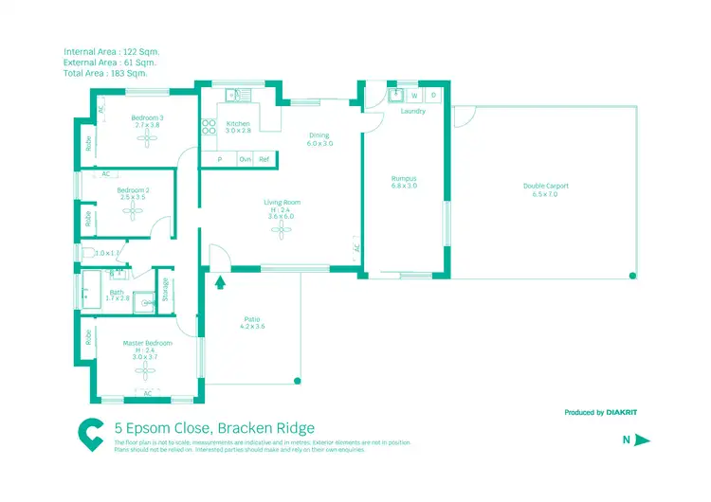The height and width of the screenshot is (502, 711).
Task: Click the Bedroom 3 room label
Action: coord(147,117)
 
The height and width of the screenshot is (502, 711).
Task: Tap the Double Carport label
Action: coord(545,186)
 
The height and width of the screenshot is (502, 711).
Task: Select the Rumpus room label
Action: coord(405,178)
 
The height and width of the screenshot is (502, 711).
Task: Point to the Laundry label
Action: coord(413,111)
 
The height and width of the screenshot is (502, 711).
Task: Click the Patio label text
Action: coord(251,319)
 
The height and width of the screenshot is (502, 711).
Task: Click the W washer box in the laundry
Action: coord(414,96)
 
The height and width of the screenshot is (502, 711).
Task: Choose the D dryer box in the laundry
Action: coord(433,96)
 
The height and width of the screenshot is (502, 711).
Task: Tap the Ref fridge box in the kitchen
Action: coord(264,160)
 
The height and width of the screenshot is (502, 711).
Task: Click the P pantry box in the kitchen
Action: coord(219,160)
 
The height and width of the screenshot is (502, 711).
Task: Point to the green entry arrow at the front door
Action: coord(221,280)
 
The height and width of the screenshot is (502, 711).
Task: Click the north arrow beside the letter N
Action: coord(642,439)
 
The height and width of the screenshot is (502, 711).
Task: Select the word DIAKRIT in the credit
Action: coord(629,413)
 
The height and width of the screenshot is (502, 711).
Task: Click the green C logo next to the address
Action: coord(91,435)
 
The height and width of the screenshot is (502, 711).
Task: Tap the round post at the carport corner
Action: coord(632,277)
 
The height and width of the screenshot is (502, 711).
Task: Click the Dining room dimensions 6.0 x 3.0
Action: coord(319,144)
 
